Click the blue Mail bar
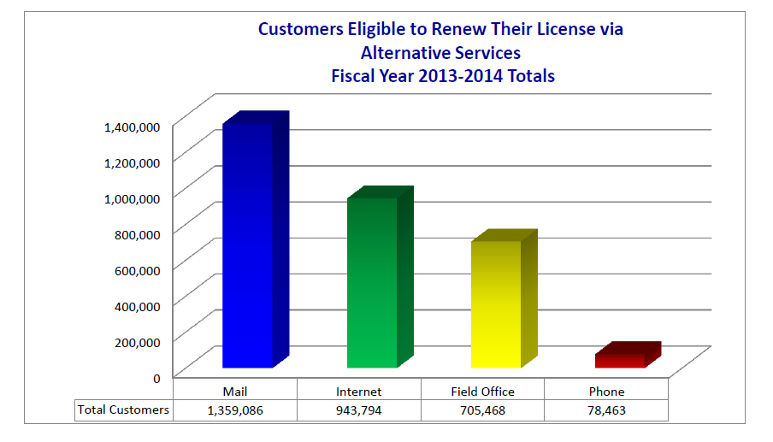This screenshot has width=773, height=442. (x=248, y=248)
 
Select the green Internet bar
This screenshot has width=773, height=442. (x=372, y=282)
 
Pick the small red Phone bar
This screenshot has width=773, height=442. (x=620, y=359)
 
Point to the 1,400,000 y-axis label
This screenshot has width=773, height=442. (x=132, y=127)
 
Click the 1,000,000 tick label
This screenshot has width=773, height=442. (x=132, y=197)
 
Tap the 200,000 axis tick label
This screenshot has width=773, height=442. (x=137, y=341)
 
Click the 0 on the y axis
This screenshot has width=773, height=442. (x=156, y=377)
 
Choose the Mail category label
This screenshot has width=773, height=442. (x=235, y=392)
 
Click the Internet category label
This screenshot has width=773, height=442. (x=359, y=392)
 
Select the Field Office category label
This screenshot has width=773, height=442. (x=482, y=392)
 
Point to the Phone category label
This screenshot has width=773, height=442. (x=606, y=392)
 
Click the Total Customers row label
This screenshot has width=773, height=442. (x=123, y=410)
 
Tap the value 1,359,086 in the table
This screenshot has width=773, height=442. (x=235, y=410)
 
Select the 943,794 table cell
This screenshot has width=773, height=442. (x=359, y=410)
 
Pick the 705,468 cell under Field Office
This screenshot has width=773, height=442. (x=482, y=410)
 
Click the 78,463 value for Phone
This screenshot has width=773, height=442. (x=606, y=410)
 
